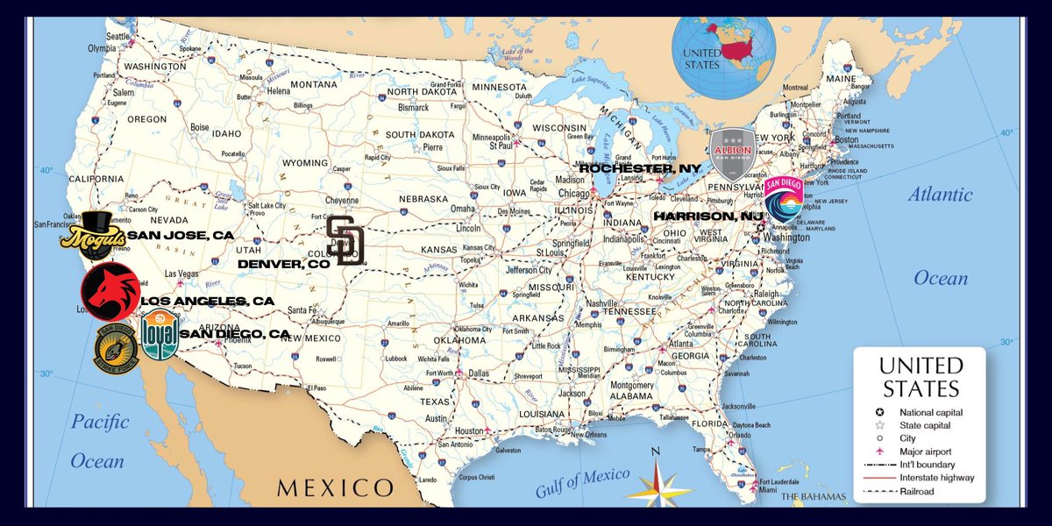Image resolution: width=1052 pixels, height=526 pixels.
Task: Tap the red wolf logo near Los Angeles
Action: coord(110,290)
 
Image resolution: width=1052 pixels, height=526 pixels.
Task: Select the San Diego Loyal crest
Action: coord(160,334)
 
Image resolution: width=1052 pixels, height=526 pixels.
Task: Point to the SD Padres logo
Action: coord(345,239)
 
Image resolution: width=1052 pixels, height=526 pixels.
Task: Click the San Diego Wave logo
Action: coord(783,203)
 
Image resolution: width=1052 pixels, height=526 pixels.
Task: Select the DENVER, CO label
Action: coord(283,262)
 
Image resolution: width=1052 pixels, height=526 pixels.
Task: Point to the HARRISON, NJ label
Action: coord(708,216)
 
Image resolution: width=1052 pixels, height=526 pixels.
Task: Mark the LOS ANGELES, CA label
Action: coord(207,301)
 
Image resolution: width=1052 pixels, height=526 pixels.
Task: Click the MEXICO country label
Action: coord(335,487)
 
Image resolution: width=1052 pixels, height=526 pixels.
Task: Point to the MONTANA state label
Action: coord(313,84)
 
